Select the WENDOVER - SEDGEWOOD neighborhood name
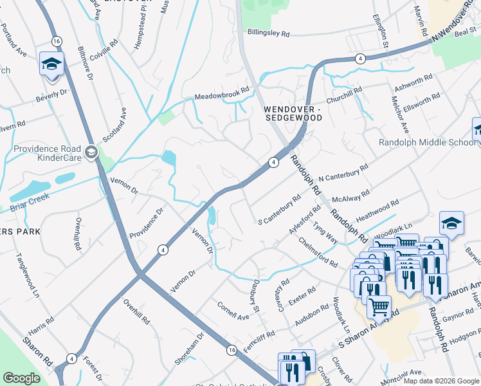[293, 114]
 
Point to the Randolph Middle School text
[426, 142]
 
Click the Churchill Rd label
[345, 94]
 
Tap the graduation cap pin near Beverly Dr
[51, 64]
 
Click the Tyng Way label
[325, 233]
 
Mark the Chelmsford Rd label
[318, 252]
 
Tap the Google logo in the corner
[21, 378]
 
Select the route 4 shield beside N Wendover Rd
[359, 59]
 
